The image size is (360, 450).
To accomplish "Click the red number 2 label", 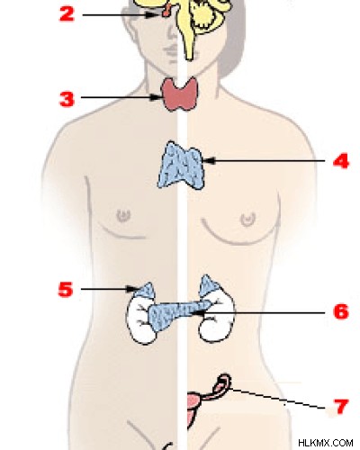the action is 67,14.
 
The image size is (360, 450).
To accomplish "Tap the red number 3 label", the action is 67,99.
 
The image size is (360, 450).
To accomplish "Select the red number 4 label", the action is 341,161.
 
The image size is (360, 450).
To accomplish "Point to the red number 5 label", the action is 66,290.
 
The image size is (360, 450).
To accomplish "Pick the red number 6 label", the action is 341,311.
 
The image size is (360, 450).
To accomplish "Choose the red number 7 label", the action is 341,407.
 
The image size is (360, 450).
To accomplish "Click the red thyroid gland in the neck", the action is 180,94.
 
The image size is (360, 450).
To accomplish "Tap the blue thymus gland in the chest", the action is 181,166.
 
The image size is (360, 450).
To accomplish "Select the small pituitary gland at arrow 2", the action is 166,10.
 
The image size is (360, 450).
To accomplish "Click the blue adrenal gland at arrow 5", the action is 145,291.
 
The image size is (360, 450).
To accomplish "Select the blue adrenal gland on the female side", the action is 210,286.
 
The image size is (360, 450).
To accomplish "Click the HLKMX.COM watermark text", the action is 326,443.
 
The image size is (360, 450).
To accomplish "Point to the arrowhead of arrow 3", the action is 157,97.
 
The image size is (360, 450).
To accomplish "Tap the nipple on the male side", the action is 123,215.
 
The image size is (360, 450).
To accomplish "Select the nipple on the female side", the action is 247,220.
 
